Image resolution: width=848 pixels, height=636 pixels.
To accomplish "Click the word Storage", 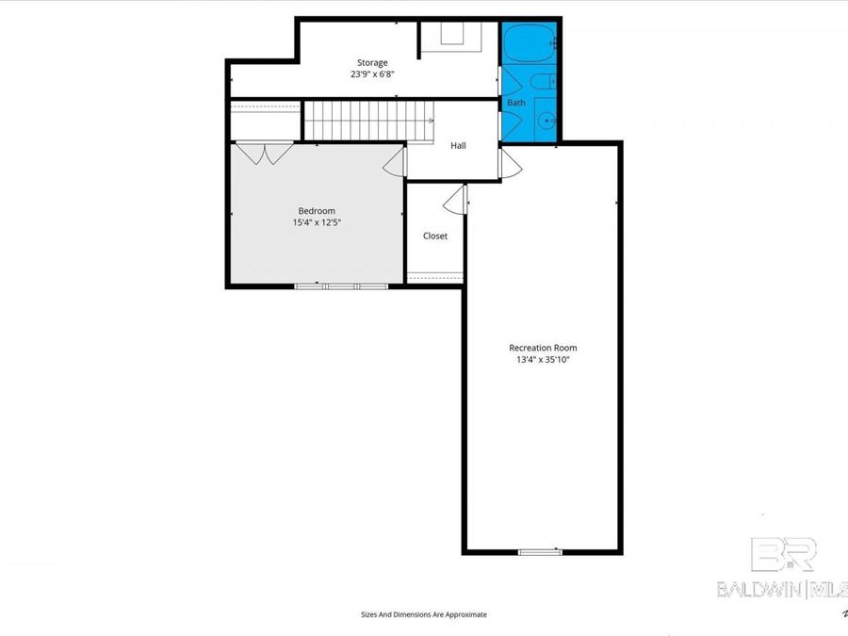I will click(371, 62).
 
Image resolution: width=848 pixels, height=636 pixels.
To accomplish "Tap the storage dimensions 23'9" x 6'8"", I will click(371, 73).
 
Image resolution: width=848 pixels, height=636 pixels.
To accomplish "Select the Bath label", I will click(516, 102).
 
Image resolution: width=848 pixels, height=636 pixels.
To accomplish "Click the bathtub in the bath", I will click(528, 43).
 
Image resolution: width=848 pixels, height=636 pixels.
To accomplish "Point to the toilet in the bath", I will click(544, 83).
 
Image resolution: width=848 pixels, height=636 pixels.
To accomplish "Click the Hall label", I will click(458, 145).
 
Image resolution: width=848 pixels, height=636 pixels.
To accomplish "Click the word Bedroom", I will click(317, 211).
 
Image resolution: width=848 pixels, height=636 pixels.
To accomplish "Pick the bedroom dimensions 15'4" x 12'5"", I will click(317, 223).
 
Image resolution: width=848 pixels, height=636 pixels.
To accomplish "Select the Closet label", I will click(435, 236).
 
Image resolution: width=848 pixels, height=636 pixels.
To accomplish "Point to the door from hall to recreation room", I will click(510, 164).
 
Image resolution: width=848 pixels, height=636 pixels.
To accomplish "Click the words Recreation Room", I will click(543, 348).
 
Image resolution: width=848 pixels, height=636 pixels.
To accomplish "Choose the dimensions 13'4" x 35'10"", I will click(543, 359).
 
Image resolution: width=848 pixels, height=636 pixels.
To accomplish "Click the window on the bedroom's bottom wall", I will click(340, 285).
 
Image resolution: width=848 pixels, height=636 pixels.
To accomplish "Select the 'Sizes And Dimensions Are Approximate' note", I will click(424, 614).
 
